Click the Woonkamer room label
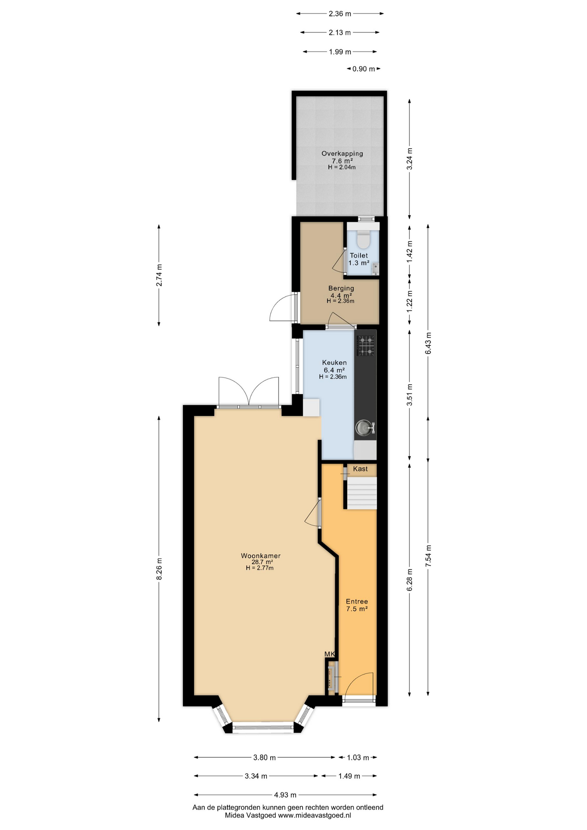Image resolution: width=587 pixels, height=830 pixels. click(261, 556)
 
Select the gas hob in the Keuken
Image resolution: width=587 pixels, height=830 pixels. click(366, 345)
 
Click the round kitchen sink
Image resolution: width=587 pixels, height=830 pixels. click(363, 428)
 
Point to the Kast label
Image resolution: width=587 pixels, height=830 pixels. click(360, 469)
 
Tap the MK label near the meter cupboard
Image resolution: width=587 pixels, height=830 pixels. click(330, 654)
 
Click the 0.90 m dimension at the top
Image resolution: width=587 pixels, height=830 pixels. click(364, 69)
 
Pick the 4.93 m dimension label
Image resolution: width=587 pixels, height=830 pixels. click(285, 795)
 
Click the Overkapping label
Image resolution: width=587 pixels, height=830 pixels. click(342, 153)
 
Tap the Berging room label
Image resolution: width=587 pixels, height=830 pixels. click(341, 288)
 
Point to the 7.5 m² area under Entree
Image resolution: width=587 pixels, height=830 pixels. click(357, 609)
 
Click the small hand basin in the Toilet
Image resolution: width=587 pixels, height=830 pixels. click(375, 268)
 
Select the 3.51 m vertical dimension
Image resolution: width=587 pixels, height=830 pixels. click(410, 395)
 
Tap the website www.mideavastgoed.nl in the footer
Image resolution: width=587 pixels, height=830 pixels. click(314, 815)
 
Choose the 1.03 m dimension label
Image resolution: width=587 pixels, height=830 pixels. click(358, 757)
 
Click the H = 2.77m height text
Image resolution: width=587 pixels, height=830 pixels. click(260, 568)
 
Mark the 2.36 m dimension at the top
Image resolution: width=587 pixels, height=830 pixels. click(340, 14)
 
